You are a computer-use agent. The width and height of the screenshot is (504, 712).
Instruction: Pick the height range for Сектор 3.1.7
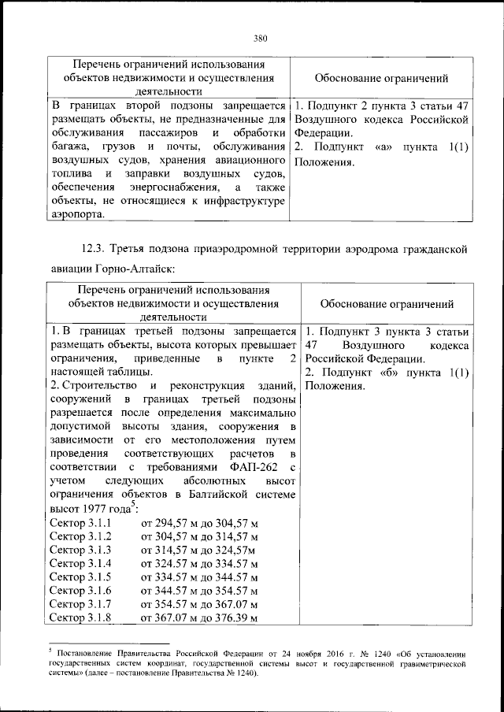click(x=200, y=603)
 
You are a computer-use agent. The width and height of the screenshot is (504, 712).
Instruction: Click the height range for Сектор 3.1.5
click(x=200, y=577)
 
